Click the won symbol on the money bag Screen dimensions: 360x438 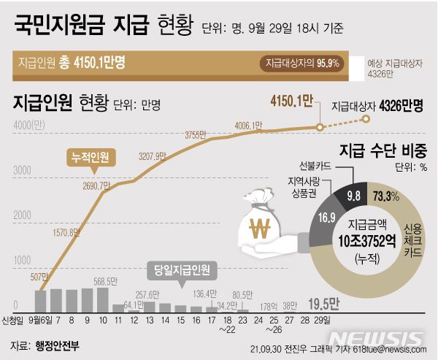tap(260, 223)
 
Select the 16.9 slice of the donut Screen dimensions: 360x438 tap(328, 216)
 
